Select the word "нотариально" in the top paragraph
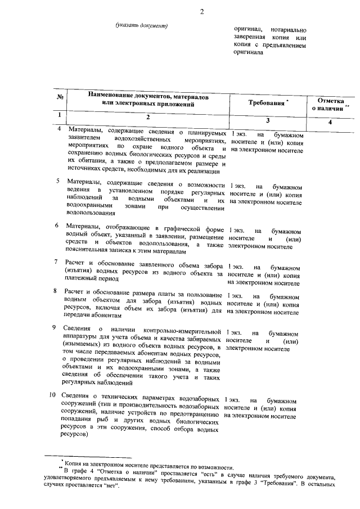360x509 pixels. tap(287, 28)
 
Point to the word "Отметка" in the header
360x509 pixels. tap(331, 99)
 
